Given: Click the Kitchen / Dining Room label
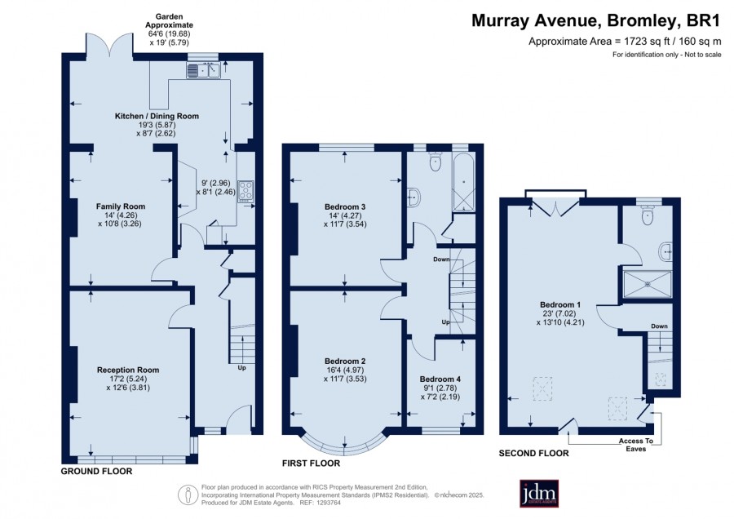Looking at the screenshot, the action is [157, 116].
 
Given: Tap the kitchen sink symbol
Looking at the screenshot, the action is [203, 70].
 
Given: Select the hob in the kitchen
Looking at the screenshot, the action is [245, 192].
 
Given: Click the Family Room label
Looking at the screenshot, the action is [121, 206].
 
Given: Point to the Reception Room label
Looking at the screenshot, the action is [128, 370].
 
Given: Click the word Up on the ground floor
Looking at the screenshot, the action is [241, 368].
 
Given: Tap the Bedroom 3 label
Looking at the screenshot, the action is [345, 207].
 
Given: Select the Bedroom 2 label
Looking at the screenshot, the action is [345, 362].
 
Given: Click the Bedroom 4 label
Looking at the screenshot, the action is [440, 379].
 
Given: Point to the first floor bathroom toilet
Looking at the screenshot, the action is [436, 162].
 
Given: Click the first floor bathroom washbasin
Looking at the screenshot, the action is [413, 197].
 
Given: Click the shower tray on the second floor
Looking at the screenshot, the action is [648, 284].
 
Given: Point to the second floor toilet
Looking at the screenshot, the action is [648, 215].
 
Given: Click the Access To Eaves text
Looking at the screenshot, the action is [635, 445].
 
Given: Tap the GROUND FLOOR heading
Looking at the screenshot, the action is [96, 471].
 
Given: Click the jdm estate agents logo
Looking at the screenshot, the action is [539, 493].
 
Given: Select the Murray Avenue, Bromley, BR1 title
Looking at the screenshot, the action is [596, 21].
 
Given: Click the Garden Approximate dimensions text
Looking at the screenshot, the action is [169, 29].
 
